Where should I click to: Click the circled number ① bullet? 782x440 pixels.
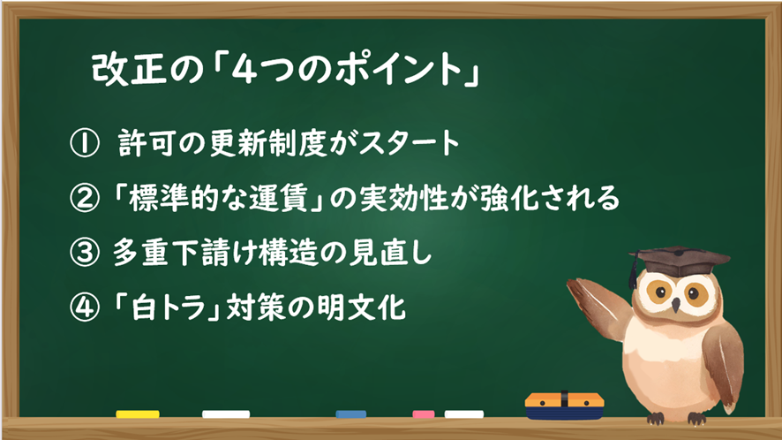(84, 143)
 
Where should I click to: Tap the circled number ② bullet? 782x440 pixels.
(84, 198)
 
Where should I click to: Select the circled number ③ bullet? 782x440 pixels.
(84, 253)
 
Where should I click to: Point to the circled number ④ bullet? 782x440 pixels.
(84, 307)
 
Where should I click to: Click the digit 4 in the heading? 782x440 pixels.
(244, 68)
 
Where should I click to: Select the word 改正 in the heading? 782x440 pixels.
(129, 68)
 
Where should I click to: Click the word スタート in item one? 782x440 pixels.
(409, 143)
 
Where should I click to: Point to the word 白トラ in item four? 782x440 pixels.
(169, 307)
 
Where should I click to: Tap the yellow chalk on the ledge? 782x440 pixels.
(138, 414)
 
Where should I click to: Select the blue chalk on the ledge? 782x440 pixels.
(351, 414)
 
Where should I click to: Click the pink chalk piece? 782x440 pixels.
(424, 414)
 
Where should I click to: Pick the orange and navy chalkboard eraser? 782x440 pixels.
(565, 406)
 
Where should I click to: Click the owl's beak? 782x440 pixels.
(675, 305)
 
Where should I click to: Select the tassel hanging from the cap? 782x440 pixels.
(634, 272)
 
